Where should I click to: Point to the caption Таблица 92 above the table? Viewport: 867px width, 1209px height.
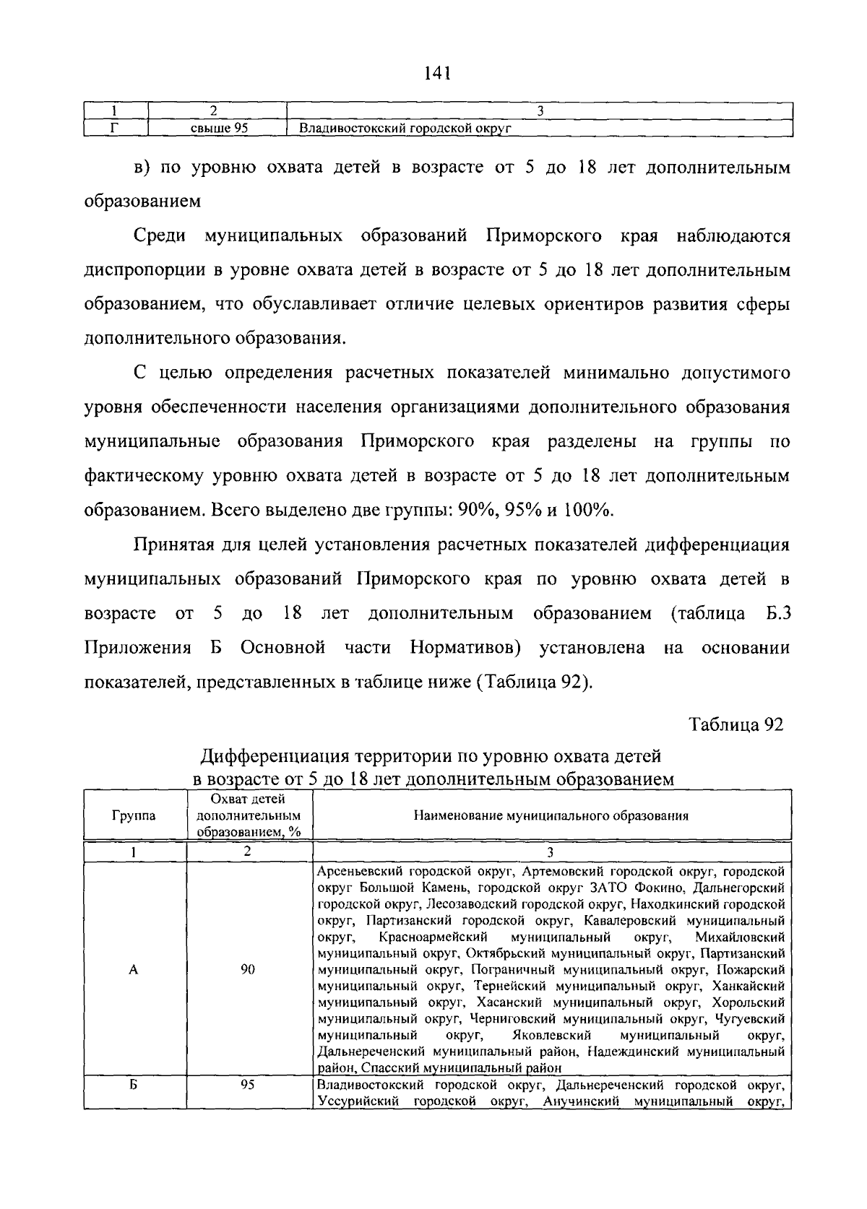pyautogui.click(x=736, y=724)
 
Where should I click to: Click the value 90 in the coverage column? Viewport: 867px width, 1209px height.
pyautogui.click(x=248, y=970)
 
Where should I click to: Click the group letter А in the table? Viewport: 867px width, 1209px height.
pyautogui.click(x=133, y=970)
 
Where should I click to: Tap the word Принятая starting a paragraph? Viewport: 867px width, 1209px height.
pyautogui.click(x=175, y=545)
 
